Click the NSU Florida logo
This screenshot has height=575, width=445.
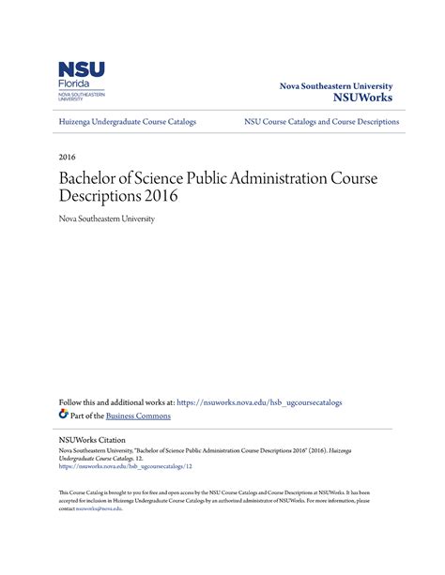tap(82, 83)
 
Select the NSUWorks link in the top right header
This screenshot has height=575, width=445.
tap(363, 98)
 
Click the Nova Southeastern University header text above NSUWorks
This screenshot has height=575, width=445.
tap(336, 85)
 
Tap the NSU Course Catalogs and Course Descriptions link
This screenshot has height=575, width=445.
tap(321, 122)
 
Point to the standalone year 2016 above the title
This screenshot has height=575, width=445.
tap(67, 156)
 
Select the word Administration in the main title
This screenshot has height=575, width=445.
tap(290, 176)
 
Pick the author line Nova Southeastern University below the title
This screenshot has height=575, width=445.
tap(106, 219)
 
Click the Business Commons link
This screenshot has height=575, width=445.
tap(138, 416)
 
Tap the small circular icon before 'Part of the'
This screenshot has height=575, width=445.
tap(64, 414)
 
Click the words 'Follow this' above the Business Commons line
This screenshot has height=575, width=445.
tap(79, 402)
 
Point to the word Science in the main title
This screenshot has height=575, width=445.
tap(165, 176)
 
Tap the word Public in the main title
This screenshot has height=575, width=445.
tap(219, 176)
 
